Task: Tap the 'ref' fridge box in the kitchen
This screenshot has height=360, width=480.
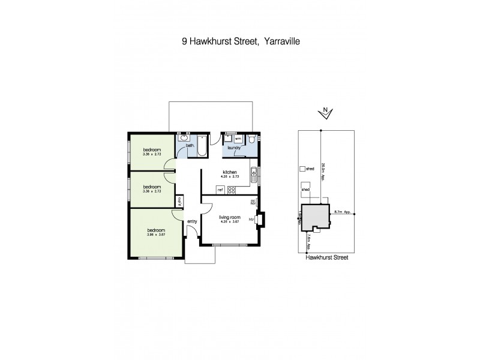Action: tap(220, 190)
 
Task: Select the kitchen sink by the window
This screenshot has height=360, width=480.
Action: tap(254, 175)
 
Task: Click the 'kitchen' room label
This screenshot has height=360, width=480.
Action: tap(229, 172)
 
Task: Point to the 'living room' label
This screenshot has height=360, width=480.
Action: tap(229, 217)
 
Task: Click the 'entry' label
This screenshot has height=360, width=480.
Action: tap(192, 222)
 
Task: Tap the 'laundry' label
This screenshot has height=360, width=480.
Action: tap(234, 147)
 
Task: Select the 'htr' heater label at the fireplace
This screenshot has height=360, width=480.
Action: tap(252, 220)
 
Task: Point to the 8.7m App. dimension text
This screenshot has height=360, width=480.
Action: tap(343, 212)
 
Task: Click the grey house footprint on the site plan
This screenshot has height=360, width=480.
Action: tap(314, 217)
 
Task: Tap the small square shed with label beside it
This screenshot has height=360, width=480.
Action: tap(302, 169)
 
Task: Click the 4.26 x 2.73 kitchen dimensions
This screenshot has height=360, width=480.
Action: tap(229, 177)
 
